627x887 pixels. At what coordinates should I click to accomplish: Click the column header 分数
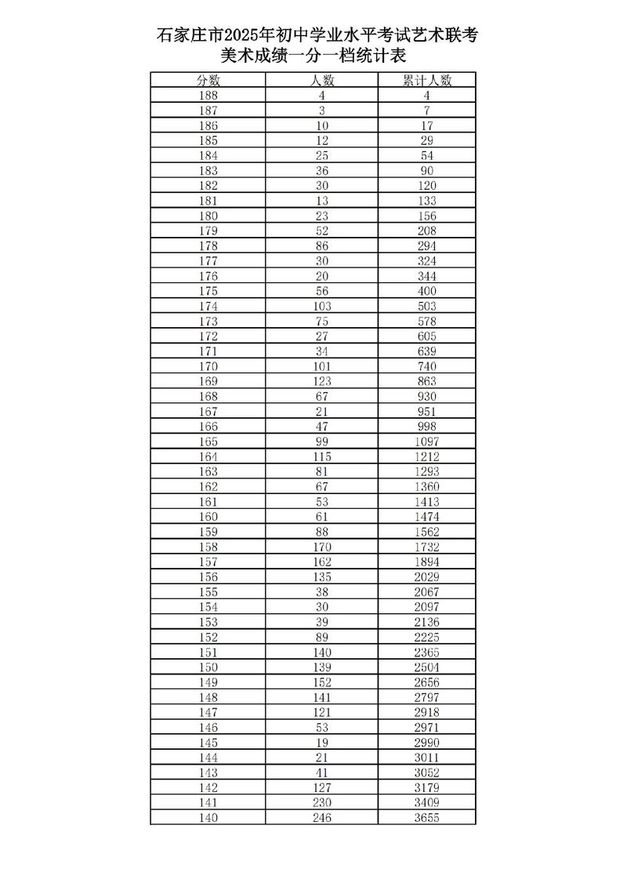pos(208,80)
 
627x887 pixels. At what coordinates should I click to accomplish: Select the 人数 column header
pos(321,80)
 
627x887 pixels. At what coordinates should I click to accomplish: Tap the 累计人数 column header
pos(427,80)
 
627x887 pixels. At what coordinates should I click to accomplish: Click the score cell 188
pos(208,96)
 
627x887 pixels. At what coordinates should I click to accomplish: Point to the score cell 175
pos(208,291)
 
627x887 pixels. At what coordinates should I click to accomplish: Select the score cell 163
pos(208,471)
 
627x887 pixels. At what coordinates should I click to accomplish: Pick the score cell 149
pos(208,682)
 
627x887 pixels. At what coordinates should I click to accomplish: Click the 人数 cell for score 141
pos(321,802)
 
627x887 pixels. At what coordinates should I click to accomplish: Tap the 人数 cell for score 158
pos(321,547)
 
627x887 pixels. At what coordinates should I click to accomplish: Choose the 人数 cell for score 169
pos(321,381)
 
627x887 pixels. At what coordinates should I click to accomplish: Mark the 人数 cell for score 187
pos(321,111)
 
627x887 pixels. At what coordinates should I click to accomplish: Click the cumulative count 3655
pos(427,818)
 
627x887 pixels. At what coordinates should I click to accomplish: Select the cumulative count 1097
pos(427,442)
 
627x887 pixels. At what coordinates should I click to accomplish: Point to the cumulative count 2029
pos(427,577)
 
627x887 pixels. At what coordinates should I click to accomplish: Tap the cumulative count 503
pos(427,306)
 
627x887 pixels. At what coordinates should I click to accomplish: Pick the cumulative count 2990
pos(427,743)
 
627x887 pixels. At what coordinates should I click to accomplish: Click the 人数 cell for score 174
pos(321,306)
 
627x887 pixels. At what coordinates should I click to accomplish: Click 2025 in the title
pos(243,35)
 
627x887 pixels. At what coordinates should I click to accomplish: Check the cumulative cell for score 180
pos(427,216)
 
